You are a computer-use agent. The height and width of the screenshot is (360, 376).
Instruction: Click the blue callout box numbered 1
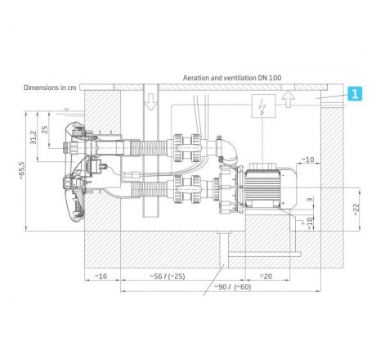(354, 94)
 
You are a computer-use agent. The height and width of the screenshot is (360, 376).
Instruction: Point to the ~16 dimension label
(101, 277)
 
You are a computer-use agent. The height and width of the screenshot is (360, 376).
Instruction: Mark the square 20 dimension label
(265, 277)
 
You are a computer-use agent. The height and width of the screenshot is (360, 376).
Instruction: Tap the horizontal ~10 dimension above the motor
(308, 160)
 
